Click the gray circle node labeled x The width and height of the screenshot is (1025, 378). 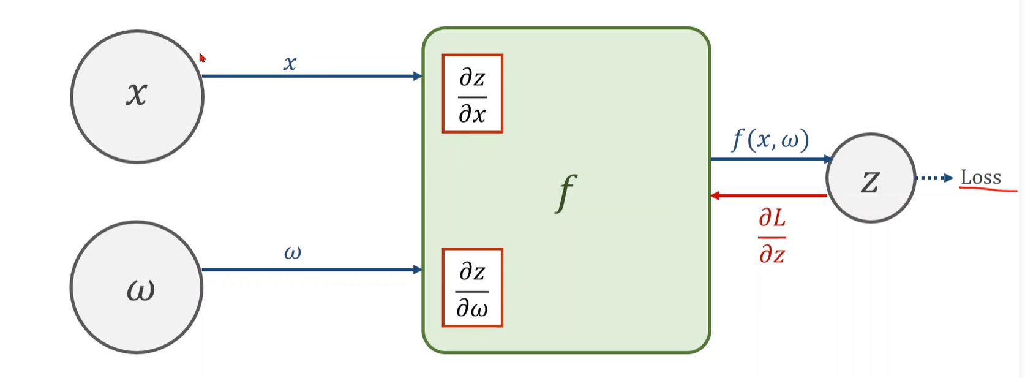point(137,97)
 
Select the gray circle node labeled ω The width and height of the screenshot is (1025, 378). point(137,287)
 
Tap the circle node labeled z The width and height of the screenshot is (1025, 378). point(870,178)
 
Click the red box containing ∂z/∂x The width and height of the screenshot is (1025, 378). point(472,94)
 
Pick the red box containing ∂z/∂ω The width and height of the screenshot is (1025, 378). point(472,287)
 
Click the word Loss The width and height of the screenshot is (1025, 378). point(980,178)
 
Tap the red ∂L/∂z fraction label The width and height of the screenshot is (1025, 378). point(772,235)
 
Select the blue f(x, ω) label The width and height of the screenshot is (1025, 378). point(770,140)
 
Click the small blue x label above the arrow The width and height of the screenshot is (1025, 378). point(290,62)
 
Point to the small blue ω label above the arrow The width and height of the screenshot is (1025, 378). point(292,252)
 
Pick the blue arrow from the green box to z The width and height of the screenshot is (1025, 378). point(768,159)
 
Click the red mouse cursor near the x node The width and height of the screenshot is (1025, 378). point(203,58)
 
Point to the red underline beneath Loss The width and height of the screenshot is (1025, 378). point(987,190)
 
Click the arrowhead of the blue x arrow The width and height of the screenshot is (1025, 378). point(418,76)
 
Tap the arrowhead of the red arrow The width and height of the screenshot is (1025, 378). point(715,196)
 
